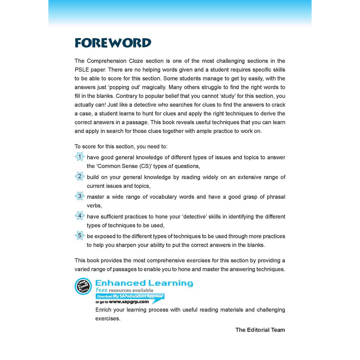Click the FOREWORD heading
[x=113, y=43]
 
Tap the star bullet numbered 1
[x=80, y=157]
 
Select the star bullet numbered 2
[x=80, y=176]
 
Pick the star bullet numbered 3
[x=80, y=196]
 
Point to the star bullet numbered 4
[x=80, y=216]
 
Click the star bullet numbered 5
[x=80, y=236]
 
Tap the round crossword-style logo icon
[x=83, y=286]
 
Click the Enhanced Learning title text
[x=144, y=283]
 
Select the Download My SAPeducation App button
[x=130, y=296]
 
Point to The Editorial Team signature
[x=260, y=330]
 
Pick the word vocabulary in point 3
[x=163, y=197]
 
